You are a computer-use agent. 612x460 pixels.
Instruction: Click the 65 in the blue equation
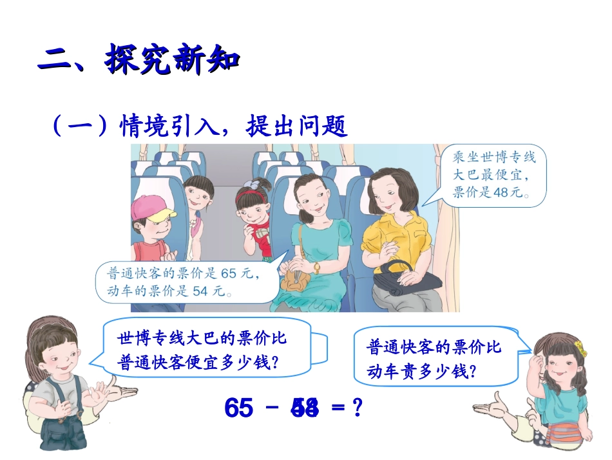(x=239, y=408)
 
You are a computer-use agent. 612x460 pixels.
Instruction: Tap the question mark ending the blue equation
(x=351, y=408)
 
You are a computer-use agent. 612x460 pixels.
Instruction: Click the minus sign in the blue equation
(x=273, y=408)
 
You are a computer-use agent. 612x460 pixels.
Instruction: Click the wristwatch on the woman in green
(x=316, y=267)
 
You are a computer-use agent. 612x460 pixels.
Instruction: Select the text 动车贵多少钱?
(x=421, y=371)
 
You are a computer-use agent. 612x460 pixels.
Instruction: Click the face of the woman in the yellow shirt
(x=388, y=191)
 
